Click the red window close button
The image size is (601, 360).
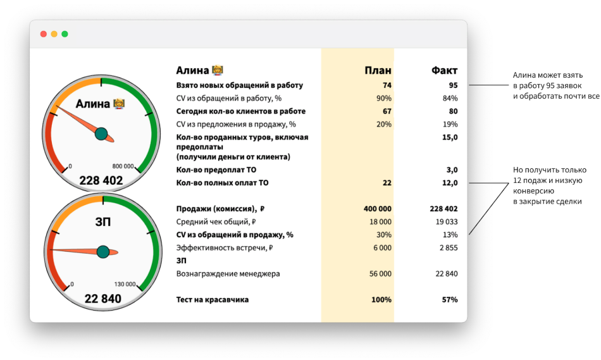click(44, 34)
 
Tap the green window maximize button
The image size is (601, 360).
click(65, 34)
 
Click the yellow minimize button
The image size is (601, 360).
click(54, 34)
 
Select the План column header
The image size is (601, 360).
click(378, 70)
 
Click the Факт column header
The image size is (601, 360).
click(444, 70)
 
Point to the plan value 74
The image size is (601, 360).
click(387, 85)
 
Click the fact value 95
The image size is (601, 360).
click(453, 85)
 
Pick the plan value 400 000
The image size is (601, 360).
click(378, 209)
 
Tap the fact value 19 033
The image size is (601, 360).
click(446, 222)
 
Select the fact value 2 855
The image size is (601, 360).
click(448, 248)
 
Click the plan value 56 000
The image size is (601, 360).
click(380, 274)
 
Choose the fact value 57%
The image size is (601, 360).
click(449, 300)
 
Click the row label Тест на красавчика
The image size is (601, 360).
click(212, 300)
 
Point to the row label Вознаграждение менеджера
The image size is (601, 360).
click(228, 274)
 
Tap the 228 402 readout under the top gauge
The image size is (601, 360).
click(101, 181)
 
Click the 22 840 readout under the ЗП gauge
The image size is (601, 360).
click(102, 299)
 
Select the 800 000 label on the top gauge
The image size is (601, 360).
click(123, 167)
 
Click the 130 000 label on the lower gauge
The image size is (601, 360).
click(125, 285)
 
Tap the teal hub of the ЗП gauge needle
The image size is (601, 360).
click(103, 252)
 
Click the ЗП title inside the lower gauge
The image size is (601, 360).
click(102, 221)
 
